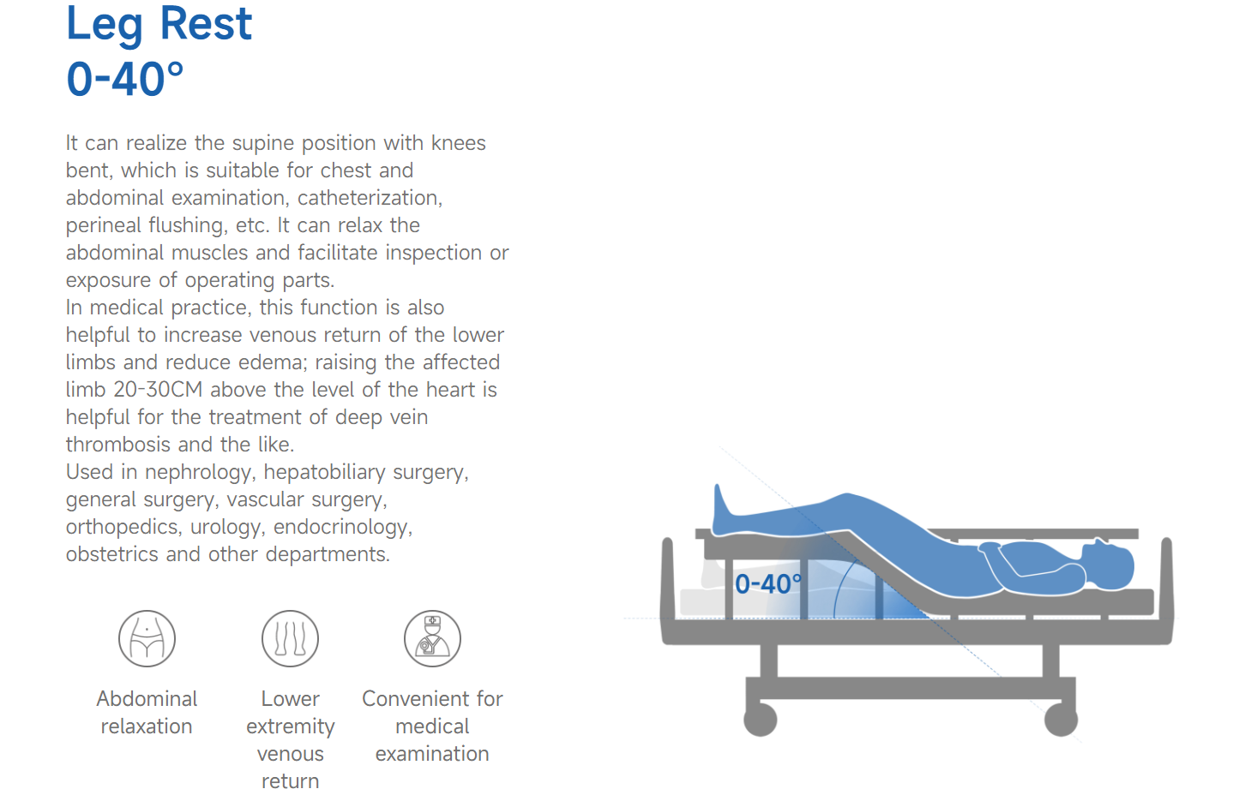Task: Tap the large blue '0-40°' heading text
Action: pos(125,79)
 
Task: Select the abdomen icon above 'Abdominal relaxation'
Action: pos(147,638)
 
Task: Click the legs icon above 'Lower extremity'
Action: pos(290,638)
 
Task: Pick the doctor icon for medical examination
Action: pos(432,638)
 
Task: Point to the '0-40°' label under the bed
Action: pos(768,584)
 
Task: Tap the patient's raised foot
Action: pos(723,508)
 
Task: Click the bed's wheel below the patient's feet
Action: pos(761,720)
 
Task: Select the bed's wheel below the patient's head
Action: pos(1061,720)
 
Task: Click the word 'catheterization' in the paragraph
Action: pos(370,198)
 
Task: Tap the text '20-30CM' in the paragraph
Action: pos(158,390)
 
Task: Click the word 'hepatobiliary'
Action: pos(324,472)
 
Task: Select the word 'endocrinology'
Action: pos(343,527)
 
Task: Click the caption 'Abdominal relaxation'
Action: pos(147,712)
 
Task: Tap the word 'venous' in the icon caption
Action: pos(290,754)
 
